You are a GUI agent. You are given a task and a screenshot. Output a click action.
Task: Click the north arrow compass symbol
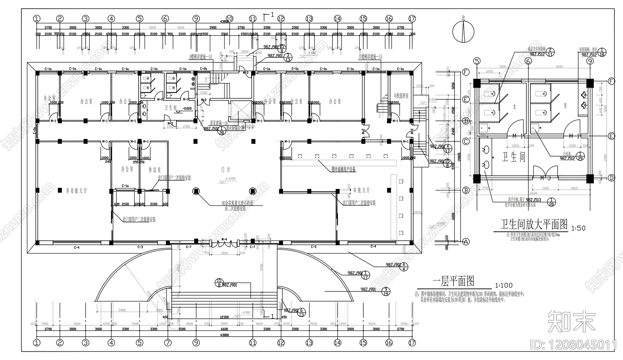pyautogui.click(x=463, y=30)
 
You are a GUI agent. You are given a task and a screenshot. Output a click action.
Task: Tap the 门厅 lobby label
pyautogui.click(x=226, y=170)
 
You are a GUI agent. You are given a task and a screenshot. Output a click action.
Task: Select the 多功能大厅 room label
pyautogui.click(x=76, y=191)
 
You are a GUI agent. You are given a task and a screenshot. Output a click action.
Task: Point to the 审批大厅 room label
pyautogui.click(x=361, y=190)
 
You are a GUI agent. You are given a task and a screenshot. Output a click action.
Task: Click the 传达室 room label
pyautogui.click(x=155, y=170)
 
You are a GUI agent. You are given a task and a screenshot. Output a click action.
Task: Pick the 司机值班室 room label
pyautogui.click(x=401, y=95)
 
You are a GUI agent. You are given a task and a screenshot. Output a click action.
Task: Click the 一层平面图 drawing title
pyautogui.click(x=453, y=281)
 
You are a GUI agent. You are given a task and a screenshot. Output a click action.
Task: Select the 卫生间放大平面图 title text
pyautogui.click(x=534, y=224)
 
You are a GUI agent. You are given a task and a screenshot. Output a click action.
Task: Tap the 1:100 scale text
pyautogui.click(x=503, y=286)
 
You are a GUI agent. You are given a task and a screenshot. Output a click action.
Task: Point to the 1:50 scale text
pyautogui.click(x=578, y=228)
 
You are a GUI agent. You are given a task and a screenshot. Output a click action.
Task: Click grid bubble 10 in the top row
pyautogui.click(x=229, y=18)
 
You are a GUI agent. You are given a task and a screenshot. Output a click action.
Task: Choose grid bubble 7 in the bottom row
pyautogui.click(x=168, y=343)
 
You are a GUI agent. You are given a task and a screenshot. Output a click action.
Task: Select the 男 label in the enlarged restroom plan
pyautogui.click(x=565, y=106)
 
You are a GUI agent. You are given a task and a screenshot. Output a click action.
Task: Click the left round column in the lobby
pyautogui.click(x=196, y=191)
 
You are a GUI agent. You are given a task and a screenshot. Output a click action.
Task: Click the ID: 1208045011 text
pyautogui.click(x=574, y=345)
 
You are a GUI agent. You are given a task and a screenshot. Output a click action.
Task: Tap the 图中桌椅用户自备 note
pyautogui.click(x=343, y=169)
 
